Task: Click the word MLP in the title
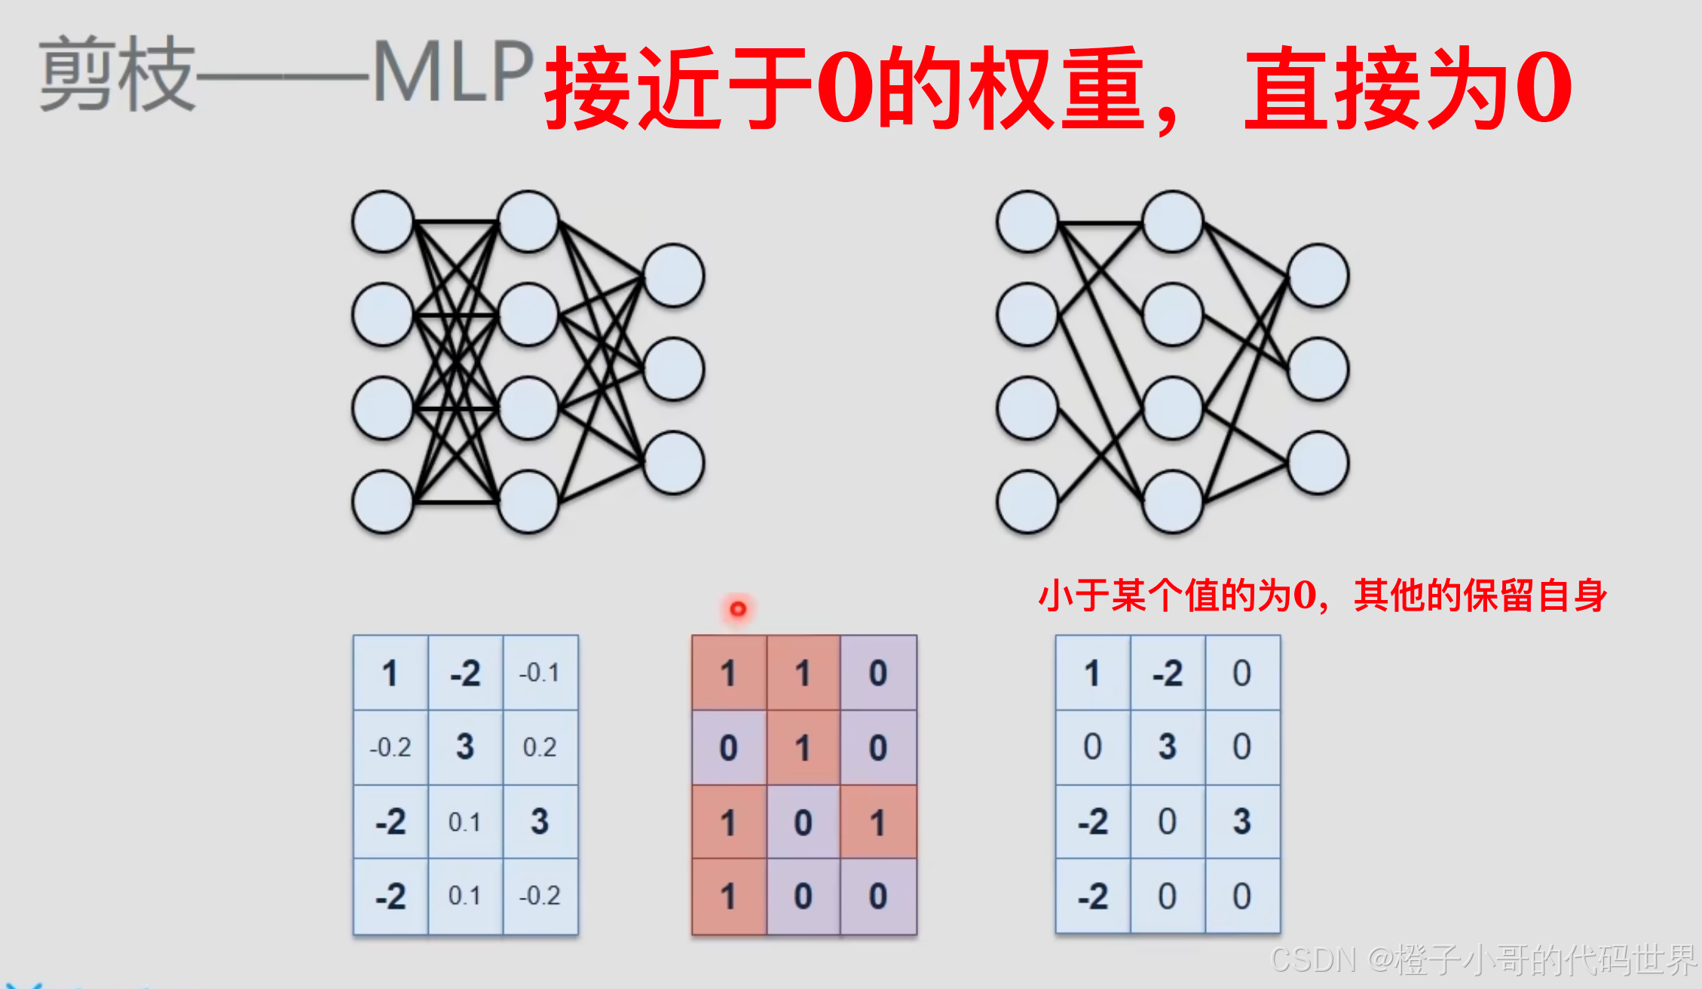(453, 72)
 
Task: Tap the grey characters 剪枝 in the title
(117, 74)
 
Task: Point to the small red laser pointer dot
(738, 608)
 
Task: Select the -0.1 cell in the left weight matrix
(540, 672)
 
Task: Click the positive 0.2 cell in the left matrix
(540, 747)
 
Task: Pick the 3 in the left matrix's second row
(465, 747)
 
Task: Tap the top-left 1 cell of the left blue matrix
(390, 672)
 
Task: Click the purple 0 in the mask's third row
(804, 822)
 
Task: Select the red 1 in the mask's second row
(804, 748)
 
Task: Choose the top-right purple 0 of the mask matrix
(878, 672)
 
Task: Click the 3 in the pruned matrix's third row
(1241, 822)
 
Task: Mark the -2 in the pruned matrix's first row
(1168, 672)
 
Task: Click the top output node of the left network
(673, 275)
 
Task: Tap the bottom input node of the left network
(383, 501)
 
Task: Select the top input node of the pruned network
(1027, 222)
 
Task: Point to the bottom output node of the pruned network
(1318, 463)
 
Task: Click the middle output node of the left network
(673, 369)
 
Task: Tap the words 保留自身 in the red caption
(1535, 596)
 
